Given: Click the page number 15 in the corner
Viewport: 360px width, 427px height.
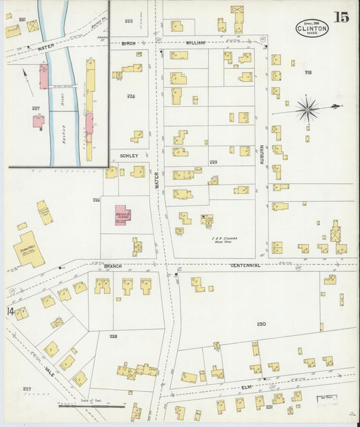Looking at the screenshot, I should (x=340, y=17).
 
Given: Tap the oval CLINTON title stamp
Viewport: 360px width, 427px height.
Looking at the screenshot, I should (x=312, y=28).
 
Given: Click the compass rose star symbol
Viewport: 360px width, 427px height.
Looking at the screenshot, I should (x=307, y=108).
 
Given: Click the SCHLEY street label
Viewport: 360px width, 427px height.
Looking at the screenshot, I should (x=129, y=155).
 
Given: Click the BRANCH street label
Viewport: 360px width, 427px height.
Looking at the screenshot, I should (x=113, y=266).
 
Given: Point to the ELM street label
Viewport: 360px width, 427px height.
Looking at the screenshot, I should (x=247, y=387).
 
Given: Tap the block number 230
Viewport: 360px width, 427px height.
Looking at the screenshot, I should (x=261, y=324).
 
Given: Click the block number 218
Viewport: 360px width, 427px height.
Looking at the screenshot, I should (x=309, y=72).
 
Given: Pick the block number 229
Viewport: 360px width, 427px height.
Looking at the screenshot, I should (x=213, y=162).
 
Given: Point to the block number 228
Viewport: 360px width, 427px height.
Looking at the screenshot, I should (x=113, y=336).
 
